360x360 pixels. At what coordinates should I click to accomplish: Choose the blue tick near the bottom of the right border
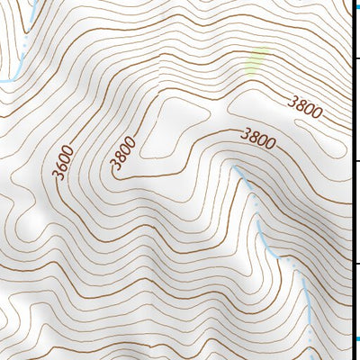pos(355,338)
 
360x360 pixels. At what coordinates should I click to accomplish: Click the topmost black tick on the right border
pos(355,59)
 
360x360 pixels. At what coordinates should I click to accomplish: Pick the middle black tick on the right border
pos(355,161)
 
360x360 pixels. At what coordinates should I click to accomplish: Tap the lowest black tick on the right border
pos(355,263)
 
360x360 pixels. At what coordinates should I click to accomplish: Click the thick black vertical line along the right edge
pos(350,180)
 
